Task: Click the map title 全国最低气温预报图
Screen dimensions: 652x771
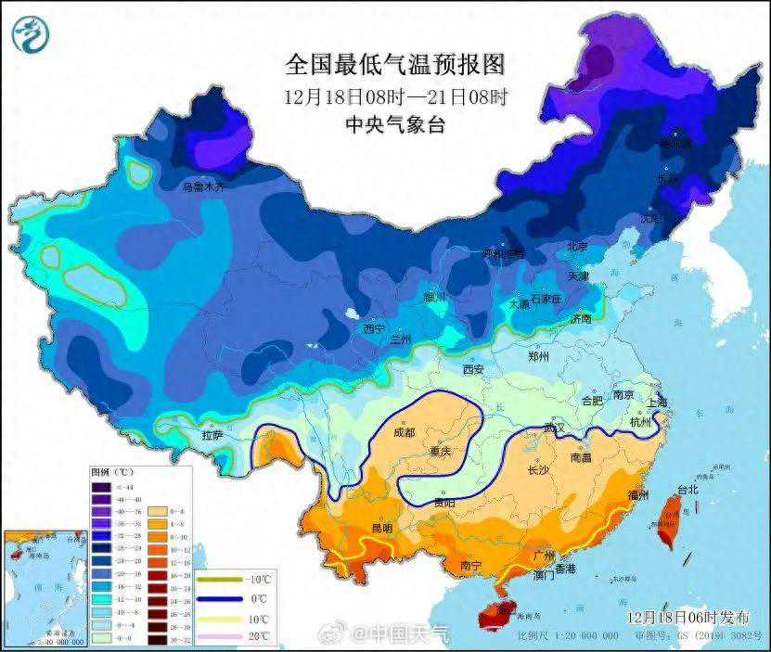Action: (x=394, y=64)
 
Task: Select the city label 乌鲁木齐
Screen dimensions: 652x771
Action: (x=204, y=186)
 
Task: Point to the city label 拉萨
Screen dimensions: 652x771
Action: (x=212, y=434)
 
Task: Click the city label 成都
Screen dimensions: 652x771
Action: (x=405, y=432)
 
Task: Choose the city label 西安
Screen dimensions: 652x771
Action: (x=473, y=369)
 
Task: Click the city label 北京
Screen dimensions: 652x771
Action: (x=578, y=247)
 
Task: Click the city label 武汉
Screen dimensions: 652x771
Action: (x=555, y=428)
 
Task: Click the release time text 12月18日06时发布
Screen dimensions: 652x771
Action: (x=687, y=617)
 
